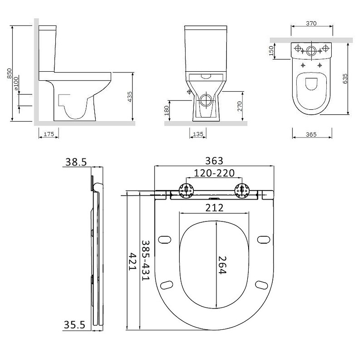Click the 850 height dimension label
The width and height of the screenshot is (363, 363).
click(9, 74)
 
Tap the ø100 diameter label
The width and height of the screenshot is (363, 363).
click(16, 83)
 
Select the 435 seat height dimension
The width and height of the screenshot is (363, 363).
click(130, 97)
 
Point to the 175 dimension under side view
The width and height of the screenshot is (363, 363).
click(49, 134)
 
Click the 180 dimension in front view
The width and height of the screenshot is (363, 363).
click(167, 111)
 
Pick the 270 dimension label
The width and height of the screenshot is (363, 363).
click(240, 106)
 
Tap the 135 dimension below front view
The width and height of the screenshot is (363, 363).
click(198, 134)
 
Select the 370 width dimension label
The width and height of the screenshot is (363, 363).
click(311, 24)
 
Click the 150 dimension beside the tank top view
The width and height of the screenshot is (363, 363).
click(271, 51)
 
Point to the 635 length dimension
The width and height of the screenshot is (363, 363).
click(345, 78)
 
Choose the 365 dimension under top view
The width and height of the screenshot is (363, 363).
click(311, 134)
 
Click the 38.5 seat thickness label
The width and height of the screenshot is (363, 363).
click(76, 162)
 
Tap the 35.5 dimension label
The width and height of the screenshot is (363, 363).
click(74, 325)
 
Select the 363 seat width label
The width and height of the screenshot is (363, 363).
click(214, 161)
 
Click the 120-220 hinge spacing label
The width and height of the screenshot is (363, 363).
click(214, 173)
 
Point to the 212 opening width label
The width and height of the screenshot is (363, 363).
click(214, 208)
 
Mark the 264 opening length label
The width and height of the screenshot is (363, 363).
click(222, 265)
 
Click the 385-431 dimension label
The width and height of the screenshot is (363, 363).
click(146, 260)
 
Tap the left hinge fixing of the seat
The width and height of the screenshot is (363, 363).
click(186, 191)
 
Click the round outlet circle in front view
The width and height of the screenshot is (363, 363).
click(206, 100)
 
